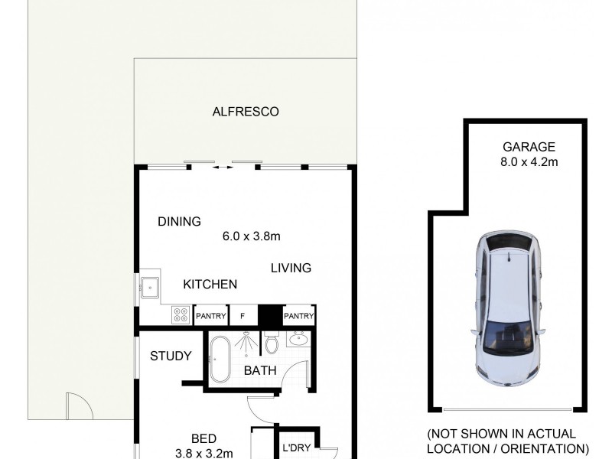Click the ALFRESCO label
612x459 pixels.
[x=245, y=112]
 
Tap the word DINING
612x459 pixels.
[x=179, y=222]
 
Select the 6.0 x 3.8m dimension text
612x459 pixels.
[x=251, y=236]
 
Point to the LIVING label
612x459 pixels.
[x=291, y=268]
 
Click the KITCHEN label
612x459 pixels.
[x=210, y=285]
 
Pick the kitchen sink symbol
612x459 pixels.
[x=150, y=288]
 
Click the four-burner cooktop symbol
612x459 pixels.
[x=181, y=314]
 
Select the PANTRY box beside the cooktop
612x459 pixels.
[x=210, y=315]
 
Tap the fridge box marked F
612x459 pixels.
[x=243, y=315]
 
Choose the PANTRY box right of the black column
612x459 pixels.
[x=298, y=315]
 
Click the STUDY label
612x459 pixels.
[x=171, y=356]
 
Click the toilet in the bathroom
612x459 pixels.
[x=272, y=343]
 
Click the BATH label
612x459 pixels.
[x=259, y=370]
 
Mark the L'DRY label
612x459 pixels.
[x=295, y=448]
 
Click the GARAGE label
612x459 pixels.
[x=529, y=147]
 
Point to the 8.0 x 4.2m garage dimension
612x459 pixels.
[x=529, y=161]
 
